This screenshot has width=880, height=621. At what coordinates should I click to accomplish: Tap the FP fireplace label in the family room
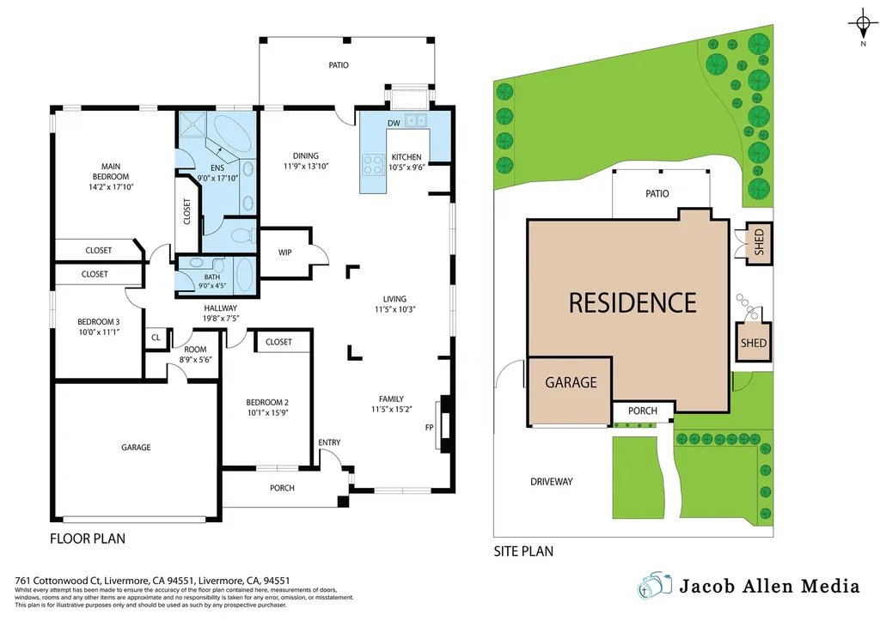pos(429,427)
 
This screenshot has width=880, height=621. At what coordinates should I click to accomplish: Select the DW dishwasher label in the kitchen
pos(393,124)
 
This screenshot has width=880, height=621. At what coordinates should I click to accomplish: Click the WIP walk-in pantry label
pos(285,253)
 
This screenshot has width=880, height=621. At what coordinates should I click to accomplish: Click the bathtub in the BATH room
pos(243,277)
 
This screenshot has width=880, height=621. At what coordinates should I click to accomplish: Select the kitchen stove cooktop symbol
pos(373,164)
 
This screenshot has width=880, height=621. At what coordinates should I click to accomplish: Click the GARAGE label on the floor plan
pos(136,447)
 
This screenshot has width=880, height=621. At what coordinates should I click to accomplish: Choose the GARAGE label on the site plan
pos(571,382)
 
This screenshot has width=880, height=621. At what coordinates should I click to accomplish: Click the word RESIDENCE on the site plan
pos(632,302)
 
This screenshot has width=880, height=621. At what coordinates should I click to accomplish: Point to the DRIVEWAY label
pos(551,482)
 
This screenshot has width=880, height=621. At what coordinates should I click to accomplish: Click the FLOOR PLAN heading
pos(88,539)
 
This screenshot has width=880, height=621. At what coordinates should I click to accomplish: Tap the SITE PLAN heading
pos(523,551)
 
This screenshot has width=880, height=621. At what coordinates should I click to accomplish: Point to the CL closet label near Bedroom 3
pos(156,338)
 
